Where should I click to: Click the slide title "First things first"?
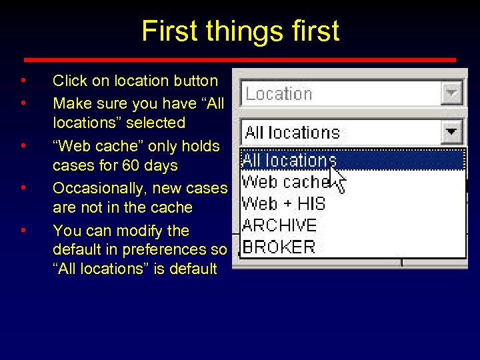[240, 31]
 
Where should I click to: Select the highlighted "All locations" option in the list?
[289, 160]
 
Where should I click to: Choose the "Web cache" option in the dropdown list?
[285, 181]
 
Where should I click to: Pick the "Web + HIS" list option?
[283, 203]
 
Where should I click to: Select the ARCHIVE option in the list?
[279, 225]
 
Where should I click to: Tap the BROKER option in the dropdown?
[279, 247]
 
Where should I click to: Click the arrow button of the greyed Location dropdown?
[452, 94]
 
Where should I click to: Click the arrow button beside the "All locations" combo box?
[453, 132]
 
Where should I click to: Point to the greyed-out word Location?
[279, 94]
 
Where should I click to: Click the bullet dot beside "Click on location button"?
[23, 81]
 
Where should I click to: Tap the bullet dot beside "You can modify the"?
[23, 231]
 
